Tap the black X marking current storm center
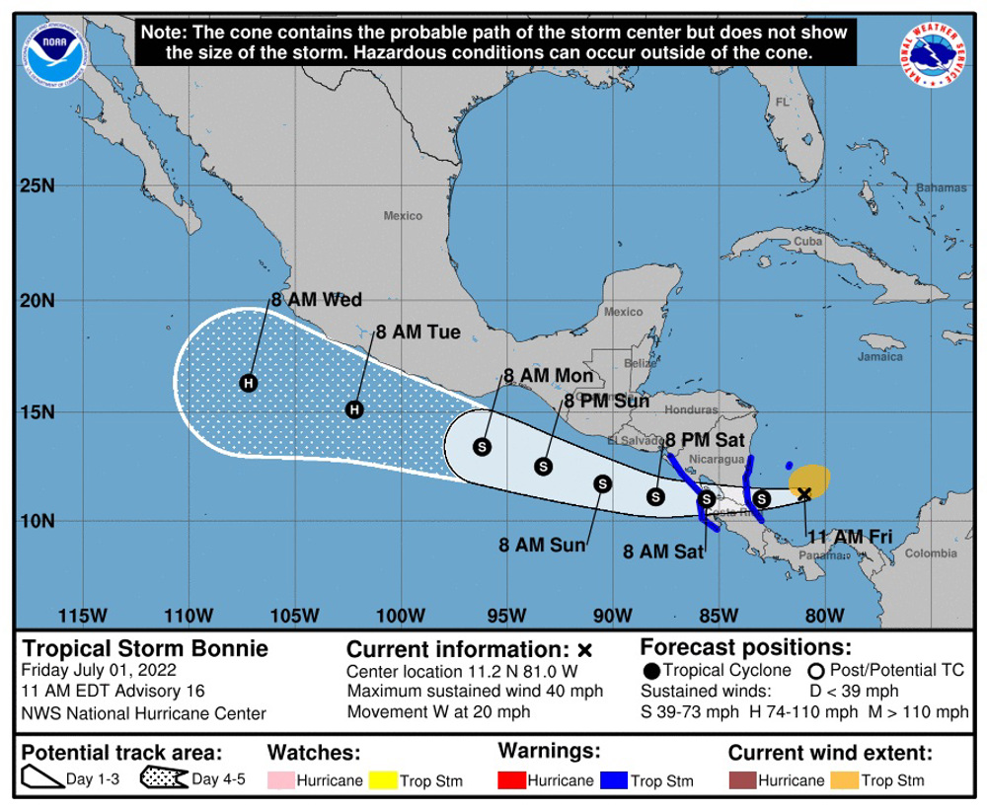[804, 493]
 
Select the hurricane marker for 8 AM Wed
[249, 383]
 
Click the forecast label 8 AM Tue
[418, 332]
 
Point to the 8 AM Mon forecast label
[548, 376]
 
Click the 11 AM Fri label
[850, 536]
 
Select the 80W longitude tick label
[822, 617]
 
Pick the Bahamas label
[940, 187]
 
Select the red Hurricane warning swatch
[509, 781]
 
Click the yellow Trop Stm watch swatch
[381, 781]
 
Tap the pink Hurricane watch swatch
[280, 781]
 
